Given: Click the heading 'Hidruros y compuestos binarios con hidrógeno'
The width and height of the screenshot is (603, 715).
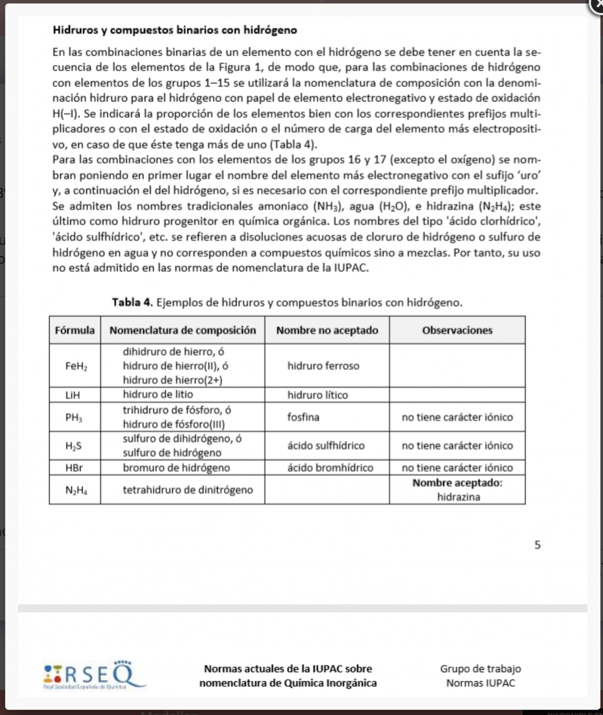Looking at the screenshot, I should point(174,30).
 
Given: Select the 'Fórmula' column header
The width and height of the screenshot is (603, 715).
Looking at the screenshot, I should point(75,330).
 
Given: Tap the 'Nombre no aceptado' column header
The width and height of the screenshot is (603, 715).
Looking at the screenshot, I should point(327,330).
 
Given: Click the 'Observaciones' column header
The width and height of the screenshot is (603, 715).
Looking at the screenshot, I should point(457,330).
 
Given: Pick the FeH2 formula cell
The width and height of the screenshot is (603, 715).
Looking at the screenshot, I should point(76,366).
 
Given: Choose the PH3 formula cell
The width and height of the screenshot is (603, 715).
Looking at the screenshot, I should point(74,417).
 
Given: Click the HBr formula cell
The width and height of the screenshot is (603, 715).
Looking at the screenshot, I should point(74,468).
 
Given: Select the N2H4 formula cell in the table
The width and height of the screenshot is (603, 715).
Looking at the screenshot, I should point(76,490).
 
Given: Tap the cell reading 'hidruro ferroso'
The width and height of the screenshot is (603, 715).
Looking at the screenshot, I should point(323,366).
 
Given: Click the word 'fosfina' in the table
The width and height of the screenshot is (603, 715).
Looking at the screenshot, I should point(304,417).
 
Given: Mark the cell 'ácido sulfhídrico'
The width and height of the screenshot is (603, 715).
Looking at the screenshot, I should point(326,446).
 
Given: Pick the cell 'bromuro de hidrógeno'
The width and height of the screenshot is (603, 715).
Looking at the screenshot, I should point(176,468).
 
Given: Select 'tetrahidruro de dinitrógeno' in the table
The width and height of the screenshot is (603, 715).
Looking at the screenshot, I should point(188,490).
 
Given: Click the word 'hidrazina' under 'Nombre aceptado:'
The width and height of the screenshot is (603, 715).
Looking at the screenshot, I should point(458,497).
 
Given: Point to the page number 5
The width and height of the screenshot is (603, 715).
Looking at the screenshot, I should point(538,545).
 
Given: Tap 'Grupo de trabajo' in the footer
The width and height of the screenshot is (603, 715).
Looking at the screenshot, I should point(480,669).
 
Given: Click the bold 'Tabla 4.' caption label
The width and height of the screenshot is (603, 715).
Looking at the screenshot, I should point(132,303).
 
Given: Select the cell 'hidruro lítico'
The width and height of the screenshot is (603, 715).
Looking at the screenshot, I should point(318,395).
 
